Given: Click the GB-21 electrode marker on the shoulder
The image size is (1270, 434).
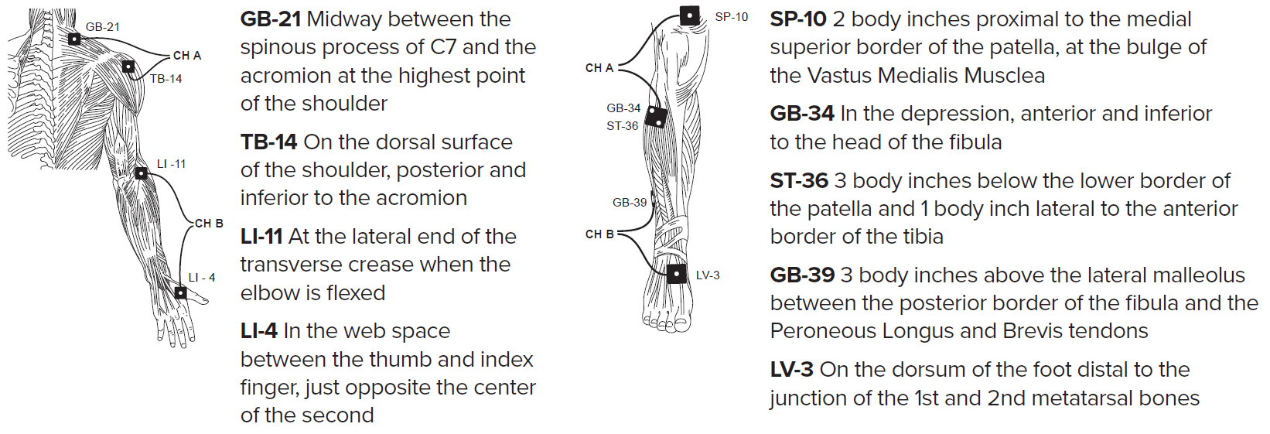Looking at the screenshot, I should pos(74,39).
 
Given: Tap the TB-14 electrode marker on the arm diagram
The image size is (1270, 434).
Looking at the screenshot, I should pos(128,67).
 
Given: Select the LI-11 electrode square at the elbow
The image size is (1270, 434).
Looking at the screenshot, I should pos(141,173).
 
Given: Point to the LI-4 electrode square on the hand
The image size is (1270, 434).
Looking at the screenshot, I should pos(180,292).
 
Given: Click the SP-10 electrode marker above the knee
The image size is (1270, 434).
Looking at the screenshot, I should pos(689,15).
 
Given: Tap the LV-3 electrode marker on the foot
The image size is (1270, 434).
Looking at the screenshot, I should pos(677,274).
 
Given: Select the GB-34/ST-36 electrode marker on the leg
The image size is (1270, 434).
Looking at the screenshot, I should pos(656,117).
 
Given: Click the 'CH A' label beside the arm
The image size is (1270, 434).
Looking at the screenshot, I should pos(187,56).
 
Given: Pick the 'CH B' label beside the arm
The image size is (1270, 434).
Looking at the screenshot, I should pos(209,224).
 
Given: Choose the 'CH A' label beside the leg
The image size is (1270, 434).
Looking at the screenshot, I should pos(599,68).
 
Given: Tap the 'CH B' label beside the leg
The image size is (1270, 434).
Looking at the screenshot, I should pos(599,234).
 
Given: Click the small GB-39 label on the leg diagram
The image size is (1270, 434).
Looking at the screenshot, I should pos(630,203).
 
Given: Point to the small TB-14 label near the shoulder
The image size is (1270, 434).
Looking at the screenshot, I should pos(166,79).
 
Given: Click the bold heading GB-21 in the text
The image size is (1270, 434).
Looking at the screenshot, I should pos(270,19).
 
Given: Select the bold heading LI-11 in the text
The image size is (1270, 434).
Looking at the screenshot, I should pos(261,237).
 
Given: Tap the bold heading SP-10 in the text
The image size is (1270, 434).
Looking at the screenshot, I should pos(798,19).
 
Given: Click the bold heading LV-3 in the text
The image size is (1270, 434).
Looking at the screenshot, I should pos(791,370).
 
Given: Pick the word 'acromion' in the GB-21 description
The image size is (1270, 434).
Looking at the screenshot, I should pos(282,76).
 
